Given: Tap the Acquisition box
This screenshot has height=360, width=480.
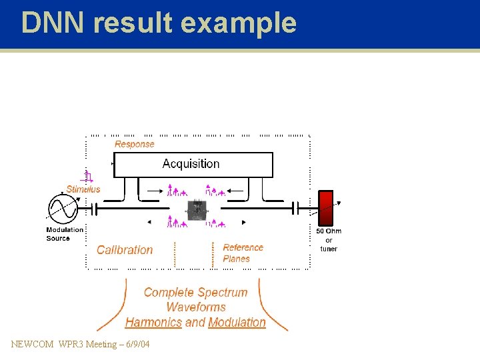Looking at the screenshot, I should (x=193, y=164).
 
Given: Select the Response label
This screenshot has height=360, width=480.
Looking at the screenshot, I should (x=134, y=144).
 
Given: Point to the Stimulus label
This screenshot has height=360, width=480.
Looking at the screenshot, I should (x=83, y=189).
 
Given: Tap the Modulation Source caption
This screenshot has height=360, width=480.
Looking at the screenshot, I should (x=64, y=234).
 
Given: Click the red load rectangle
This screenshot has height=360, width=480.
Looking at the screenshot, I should (x=325, y=208).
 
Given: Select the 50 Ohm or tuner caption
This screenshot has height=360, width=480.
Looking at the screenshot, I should (x=329, y=240).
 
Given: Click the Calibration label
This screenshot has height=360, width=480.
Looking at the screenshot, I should (x=125, y=250).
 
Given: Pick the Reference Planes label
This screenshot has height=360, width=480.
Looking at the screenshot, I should (x=243, y=253).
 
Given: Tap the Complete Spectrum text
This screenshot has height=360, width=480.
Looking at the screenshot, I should (x=195, y=292).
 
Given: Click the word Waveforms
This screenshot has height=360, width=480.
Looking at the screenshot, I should (x=195, y=307).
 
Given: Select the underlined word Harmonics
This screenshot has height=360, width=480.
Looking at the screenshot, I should (x=153, y=323).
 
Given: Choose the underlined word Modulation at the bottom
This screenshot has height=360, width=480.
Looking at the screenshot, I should (x=237, y=323).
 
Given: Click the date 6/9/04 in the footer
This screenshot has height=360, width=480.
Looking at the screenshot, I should (x=136, y=344).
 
